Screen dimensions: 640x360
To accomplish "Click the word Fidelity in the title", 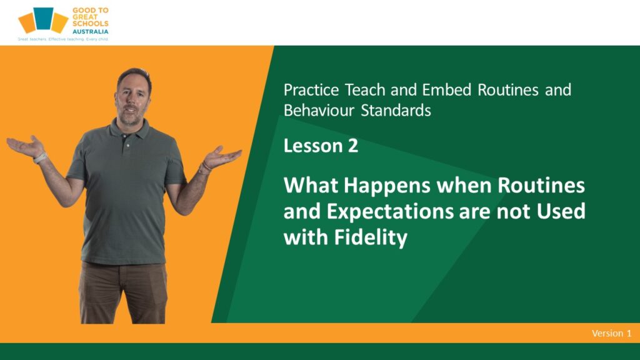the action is coord(371,237).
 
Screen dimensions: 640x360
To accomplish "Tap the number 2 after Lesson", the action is coord(353,146).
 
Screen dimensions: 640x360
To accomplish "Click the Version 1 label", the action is coord(611,333).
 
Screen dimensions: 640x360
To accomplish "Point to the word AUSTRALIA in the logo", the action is coord(90,31).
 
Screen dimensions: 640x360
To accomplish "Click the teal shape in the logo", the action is coord(43,18).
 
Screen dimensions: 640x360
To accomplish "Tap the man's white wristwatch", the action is coord(40,157).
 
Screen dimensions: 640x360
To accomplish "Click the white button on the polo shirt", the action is coord(128,145).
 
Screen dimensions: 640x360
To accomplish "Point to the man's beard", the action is coord(131,117).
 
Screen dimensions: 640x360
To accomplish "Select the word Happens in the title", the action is coord(387,186).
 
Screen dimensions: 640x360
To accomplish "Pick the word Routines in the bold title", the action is coord(541,185).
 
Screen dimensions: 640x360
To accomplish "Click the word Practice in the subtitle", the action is coord(311,90).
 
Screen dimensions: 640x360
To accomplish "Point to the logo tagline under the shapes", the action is coord(63,39).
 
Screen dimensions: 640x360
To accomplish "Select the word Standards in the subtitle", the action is coord(396,110).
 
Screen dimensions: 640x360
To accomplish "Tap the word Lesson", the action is coord(312,146).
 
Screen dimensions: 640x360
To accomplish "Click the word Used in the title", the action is coord(561,211).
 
